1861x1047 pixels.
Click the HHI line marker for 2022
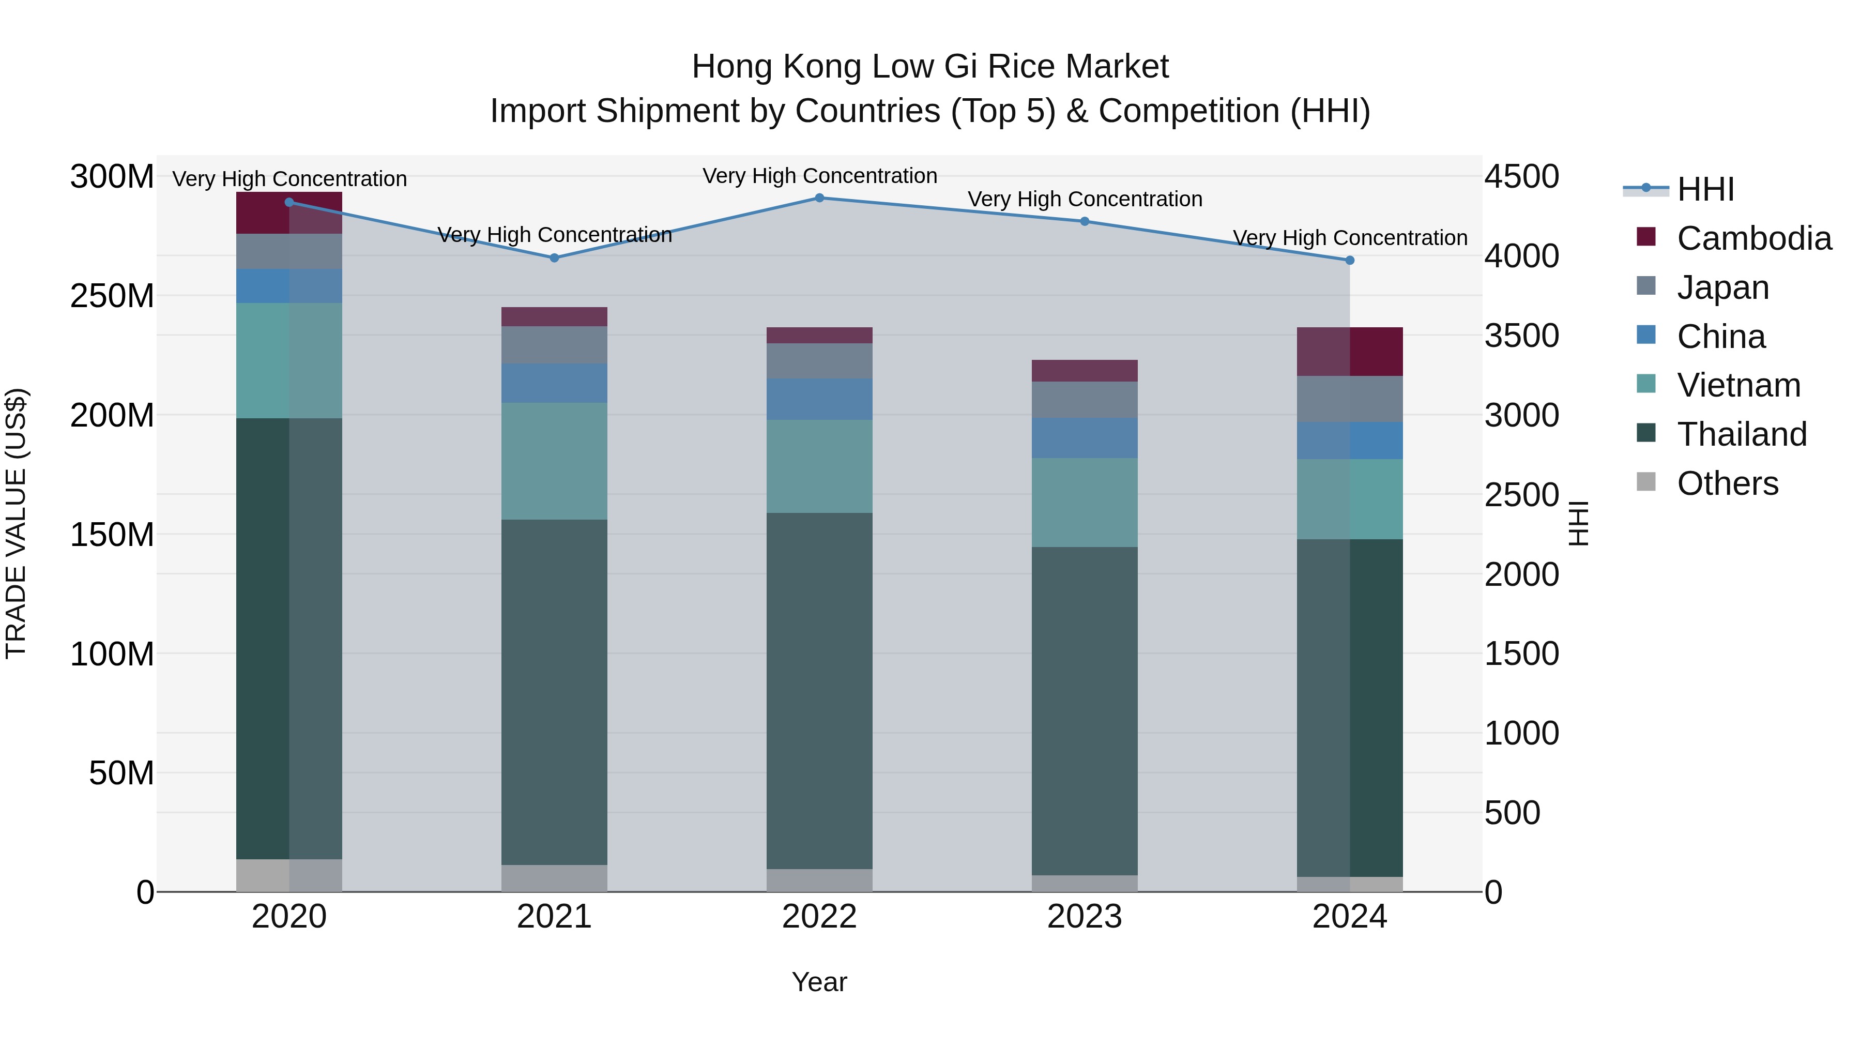(819, 198)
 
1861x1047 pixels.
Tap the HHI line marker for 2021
(554, 258)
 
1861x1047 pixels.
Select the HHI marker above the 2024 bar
(1350, 260)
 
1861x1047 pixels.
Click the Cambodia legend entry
(1753, 238)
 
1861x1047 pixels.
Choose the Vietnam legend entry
(1738, 385)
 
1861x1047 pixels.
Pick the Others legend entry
(1727, 483)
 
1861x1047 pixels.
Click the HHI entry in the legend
(1705, 189)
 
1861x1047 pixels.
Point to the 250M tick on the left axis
(112, 296)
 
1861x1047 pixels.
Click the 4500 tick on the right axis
(1521, 177)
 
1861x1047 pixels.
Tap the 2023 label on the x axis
(1085, 917)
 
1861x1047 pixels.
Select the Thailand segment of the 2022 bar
(819, 690)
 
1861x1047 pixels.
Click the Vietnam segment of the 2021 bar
(554, 461)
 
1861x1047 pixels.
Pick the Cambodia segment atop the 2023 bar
(1085, 371)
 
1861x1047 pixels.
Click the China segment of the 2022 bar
(819, 400)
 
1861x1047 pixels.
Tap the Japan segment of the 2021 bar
(554, 345)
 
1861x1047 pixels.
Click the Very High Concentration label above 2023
(1085, 200)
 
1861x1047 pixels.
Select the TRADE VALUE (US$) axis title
(17, 524)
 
